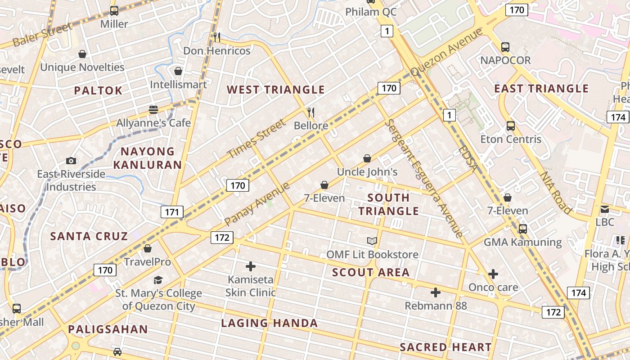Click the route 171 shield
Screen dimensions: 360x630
(172, 212)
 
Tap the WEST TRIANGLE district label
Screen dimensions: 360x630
(275, 90)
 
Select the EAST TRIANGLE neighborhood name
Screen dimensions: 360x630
(541, 88)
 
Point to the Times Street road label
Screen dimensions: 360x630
(256, 139)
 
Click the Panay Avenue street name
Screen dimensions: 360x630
(257, 203)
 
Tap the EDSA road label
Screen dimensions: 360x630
(468, 158)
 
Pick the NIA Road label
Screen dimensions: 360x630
(556, 193)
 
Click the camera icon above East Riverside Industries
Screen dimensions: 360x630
(71, 161)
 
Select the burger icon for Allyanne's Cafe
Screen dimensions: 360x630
(153, 109)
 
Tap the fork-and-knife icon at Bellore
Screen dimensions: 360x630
(310, 112)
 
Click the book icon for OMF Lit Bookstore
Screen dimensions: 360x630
(372, 241)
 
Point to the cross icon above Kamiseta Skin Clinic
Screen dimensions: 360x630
(251, 266)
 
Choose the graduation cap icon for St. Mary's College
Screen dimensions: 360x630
(158, 280)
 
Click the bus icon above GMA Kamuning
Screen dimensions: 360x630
(522, 229)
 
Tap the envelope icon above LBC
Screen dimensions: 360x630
(604, 209)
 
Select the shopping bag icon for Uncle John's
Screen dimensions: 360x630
(367, 158)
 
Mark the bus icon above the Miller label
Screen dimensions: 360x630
(114, 11)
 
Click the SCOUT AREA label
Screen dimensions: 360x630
(371, 272)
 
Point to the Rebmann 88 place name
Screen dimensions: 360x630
(435, 306)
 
